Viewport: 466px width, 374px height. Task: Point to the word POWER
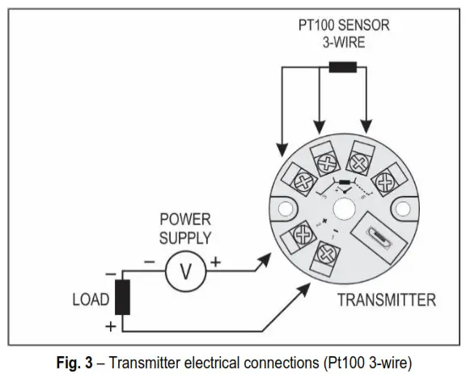tap(184, 219)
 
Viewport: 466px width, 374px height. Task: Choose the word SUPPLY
tap(184, 237)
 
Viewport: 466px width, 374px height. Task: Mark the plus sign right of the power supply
tap(216, 263)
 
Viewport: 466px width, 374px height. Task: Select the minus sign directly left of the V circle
tap(150, 263)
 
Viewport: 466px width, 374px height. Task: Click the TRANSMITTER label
tap(387, 300)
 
